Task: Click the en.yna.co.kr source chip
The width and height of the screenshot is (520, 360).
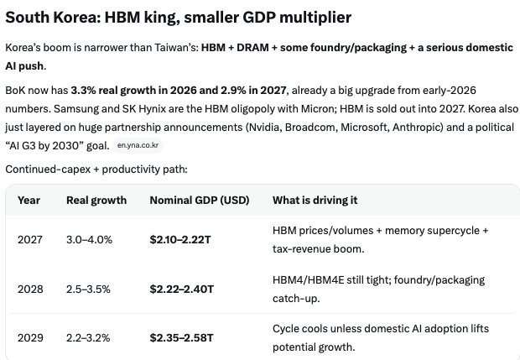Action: (x=138, y=145)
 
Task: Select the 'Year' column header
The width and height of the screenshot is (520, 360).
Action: (x=29, y=200)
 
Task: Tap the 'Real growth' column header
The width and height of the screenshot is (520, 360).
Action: (x=96, y=200)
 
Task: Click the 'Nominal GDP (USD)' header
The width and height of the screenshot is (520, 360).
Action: (x=200, y=200)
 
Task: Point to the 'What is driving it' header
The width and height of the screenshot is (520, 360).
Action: (x=315, y=200)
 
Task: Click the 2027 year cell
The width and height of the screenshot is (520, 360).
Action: (x=30, y=239)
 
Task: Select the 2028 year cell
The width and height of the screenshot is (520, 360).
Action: (x=30, y=289)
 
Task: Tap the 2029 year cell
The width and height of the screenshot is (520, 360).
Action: (x=30, y=338)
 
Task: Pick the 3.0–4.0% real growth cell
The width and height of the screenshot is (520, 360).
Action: (x=89, y=239)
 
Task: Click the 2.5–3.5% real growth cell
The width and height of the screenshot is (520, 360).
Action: (x=88, y=289)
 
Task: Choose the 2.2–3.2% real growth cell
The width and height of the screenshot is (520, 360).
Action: (x=88, y=338)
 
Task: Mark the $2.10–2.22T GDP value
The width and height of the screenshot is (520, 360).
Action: (x=180, y=239)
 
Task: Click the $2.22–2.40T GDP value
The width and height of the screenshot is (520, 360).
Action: (x=182, y=289)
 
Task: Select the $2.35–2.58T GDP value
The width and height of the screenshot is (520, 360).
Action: (x=181, y=338)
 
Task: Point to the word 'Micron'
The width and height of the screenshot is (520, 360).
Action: (x=315, y=109)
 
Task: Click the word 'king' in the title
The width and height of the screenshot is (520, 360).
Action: (x=162, y=18)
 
